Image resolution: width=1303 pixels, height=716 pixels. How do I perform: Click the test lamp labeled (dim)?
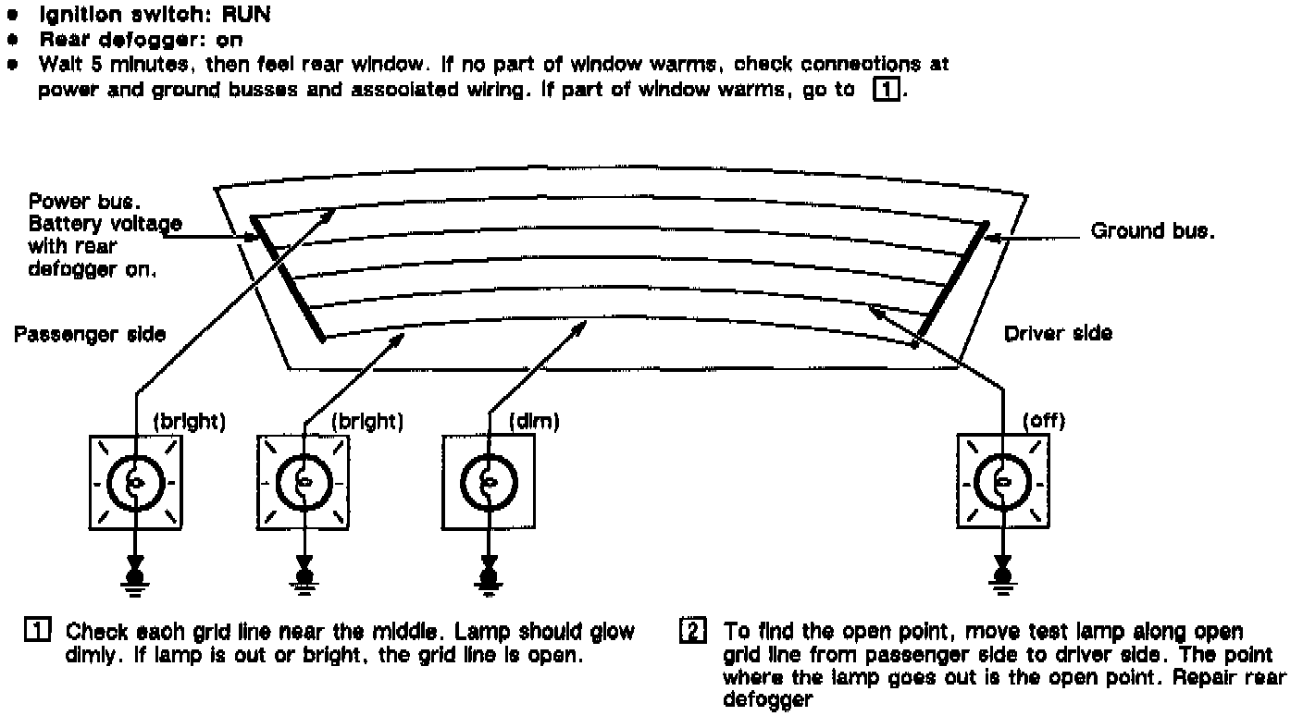[x=489, y=483]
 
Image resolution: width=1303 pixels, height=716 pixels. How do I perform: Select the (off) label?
[x=1043, y=422]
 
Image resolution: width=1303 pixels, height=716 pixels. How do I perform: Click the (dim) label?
[x=534, y=422]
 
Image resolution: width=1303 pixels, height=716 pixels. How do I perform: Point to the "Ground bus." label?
[x=1151, y=231]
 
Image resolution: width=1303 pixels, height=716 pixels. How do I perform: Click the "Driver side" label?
[x=1058, y=333]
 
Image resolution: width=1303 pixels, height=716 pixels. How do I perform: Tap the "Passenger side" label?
[x=90, y=333]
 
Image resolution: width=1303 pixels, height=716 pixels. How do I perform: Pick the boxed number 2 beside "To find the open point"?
[x=693, y=633]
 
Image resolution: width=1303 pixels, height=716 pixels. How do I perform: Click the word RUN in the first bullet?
[x=246, y=16]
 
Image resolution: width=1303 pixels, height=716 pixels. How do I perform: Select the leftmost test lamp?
[x=135, y=483]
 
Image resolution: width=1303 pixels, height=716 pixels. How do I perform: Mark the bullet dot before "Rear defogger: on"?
[x=12, y=41]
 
